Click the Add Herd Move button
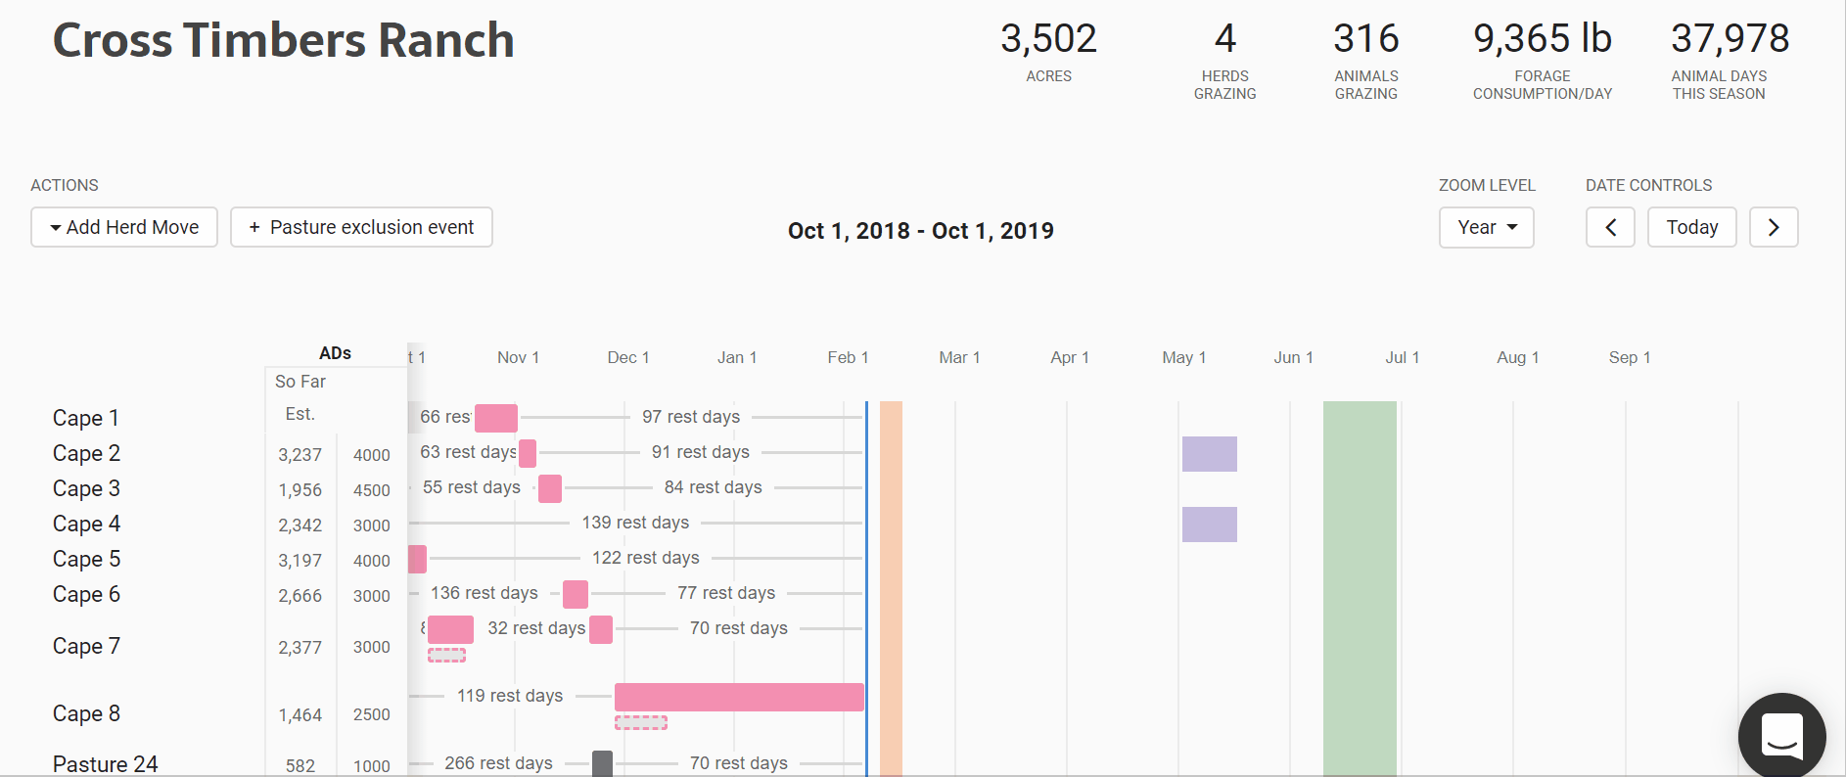point(124,228)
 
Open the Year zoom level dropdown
point(1486,228)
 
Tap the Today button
point(1691,228)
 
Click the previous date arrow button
point(1610,228)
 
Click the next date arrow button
point(1773,228)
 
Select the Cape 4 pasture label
point(86,525)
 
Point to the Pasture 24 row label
point(105,764)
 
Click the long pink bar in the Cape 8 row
point(739,697)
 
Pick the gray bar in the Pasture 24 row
point(602,763)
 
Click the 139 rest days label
point(635,523)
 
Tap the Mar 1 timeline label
point(959,358)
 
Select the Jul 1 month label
point(1402,358)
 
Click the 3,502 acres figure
point(1048,39)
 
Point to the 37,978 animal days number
point(1730,39)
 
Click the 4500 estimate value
point(372,490)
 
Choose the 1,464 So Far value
point(300,715)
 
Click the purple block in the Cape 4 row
point(1209,525)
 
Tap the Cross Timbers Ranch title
point(284,41)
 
